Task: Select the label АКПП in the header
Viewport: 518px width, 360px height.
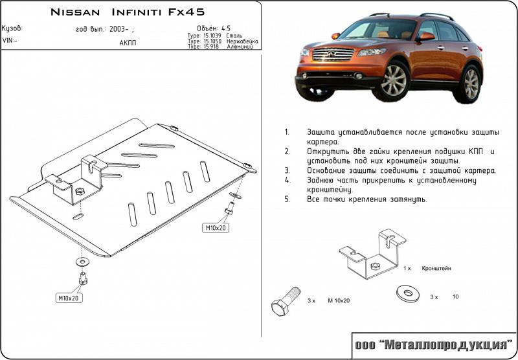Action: (x=128, y=43)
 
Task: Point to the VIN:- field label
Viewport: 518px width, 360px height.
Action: (x=10, y=40)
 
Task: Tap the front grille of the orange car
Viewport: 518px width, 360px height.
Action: (x=332, y=54)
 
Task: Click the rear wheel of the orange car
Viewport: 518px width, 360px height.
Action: (x=471, y=84)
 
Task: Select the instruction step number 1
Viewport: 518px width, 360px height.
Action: (x=286, y=131)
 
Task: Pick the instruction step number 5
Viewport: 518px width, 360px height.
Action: (x=286, y=199)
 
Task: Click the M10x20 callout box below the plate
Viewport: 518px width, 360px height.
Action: (x=69, y=298)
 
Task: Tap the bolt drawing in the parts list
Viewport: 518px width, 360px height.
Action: (x=284, y=299)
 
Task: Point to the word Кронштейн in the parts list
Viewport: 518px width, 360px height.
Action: (x=436, y=267)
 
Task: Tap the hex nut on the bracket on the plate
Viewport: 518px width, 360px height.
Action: (x=79, y=192)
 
